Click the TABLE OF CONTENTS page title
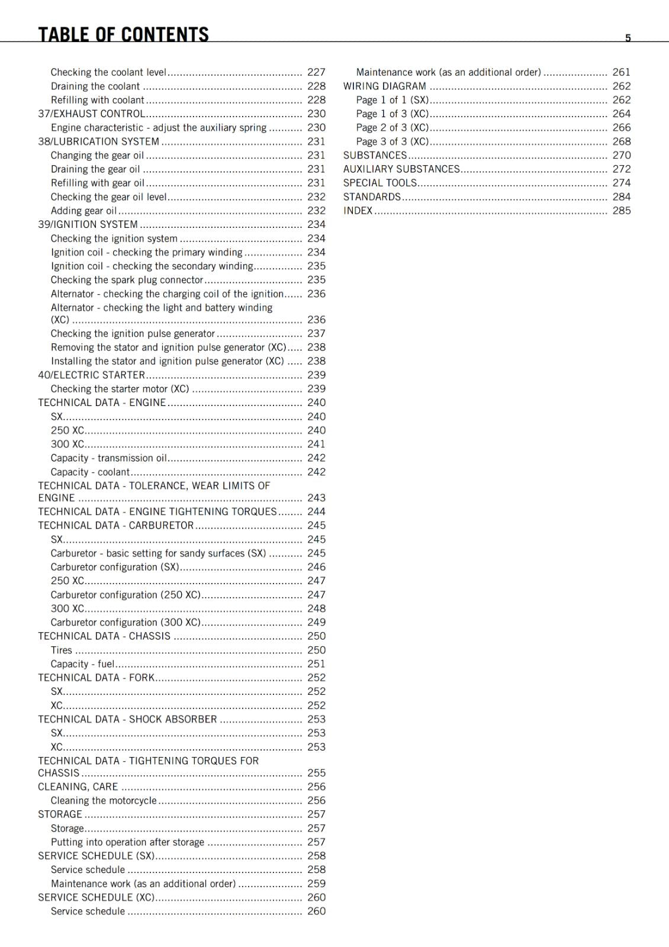pyautogui.click(x=123, y=34)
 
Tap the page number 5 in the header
pyautogui.click(x=628, y=38)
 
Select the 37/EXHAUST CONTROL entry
pyautogui.click(x=91, y=114)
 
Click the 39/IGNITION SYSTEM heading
pyautogui.click(x=88, y=224)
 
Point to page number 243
pyautogui.click(x=316, y=498)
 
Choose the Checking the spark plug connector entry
pyautogui.click(x=127, y=280)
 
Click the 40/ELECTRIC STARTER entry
pyautogui.click(x=91, y=375)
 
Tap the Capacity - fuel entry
pyautogui.click(x=82, y=664)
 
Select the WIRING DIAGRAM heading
pyautogui.click(x=384, y=86)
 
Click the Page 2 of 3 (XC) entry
pyautogui.click(x=392, y=127)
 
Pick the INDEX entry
pyautogui.click(x=358, y=211)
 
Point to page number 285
pyautogui.click(x=621, y=211)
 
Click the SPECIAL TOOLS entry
pyautogui.click(x=379, y=183)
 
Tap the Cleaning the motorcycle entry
pyautogui.click(x=104, y=800)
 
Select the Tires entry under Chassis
pyautogui.click(x=61, y=650)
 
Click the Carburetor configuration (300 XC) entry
pyautogui.click(x=126, y=622)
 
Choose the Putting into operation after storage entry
pyautogui.click(x=127, y=842)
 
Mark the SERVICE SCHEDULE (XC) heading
pyautogui.click(x=96, y=897)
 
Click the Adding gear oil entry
pyautogui.click(x=83, y=211)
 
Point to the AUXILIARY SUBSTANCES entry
pyautogui.click(x=401, y=169)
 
